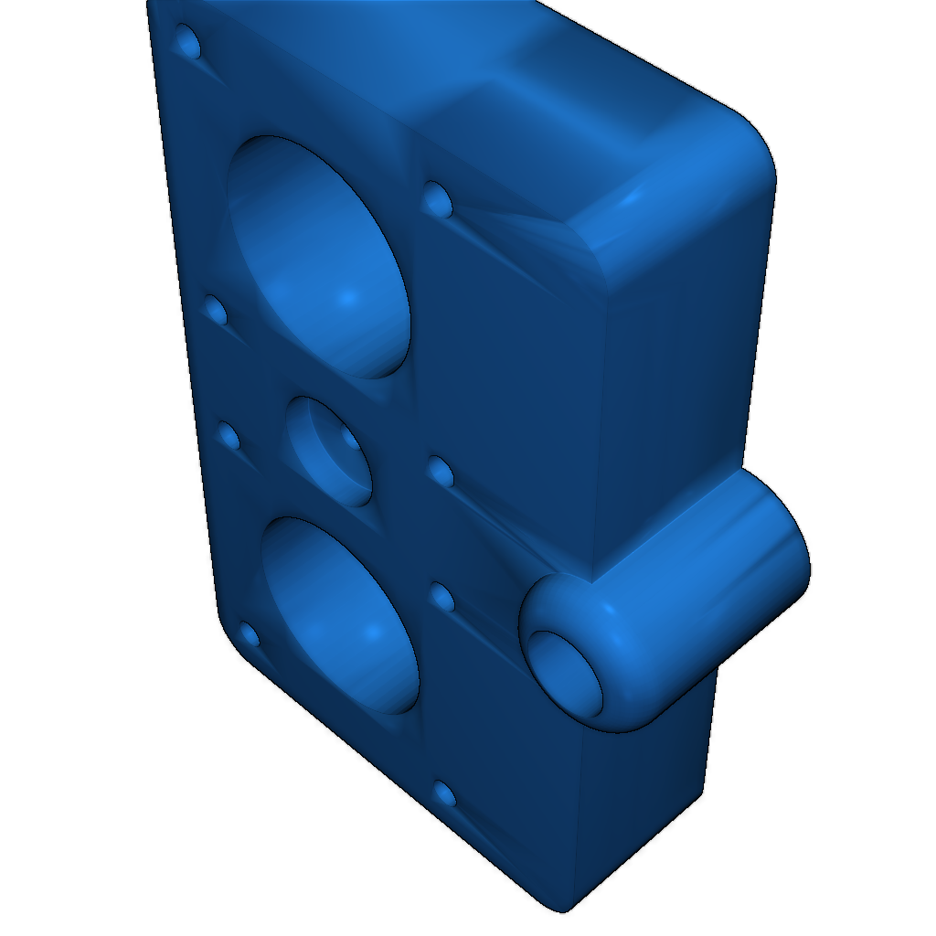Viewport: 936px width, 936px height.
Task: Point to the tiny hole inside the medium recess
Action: click(350, 439)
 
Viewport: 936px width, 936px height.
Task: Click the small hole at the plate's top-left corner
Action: click(188, 41)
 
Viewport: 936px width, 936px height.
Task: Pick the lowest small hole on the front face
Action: click(444, 793)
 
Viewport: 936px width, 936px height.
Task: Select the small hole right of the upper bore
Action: click(436, 197)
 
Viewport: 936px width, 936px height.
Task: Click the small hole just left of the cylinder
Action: click(442, 597)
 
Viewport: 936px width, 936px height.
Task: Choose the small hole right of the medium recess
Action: click(441, 473)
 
